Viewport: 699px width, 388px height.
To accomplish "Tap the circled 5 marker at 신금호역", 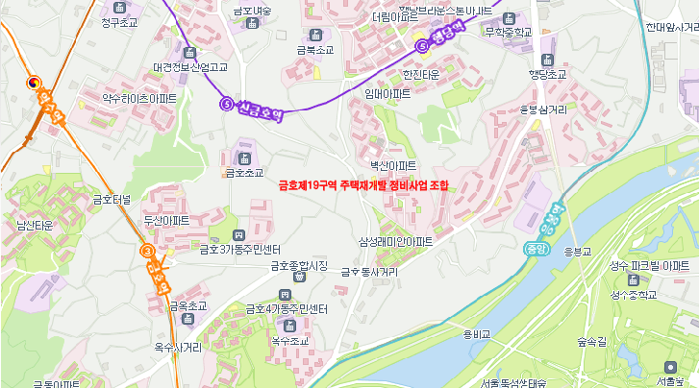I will click(x=226, y=104).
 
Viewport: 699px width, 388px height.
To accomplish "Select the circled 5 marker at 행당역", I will click(x=421, y=45).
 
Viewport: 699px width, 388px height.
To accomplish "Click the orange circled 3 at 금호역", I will click(x=147, y=251).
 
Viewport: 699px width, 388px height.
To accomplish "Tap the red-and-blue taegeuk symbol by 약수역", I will click(x=35, y=83).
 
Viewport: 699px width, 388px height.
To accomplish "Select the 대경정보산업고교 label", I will click(x=190, y=67).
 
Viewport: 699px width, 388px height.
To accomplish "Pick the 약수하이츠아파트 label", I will click(x=139, y=98).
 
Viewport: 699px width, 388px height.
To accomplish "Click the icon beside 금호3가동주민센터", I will click(x=238, y=235).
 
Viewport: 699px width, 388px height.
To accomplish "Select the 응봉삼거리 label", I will click(x=543, y=109).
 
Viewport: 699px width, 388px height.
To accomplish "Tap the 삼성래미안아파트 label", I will click(x=395, y=242).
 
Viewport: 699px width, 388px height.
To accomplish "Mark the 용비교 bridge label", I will click(x=476, y=334).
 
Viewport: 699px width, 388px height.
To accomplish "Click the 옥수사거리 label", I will click(x=178, y=347).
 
